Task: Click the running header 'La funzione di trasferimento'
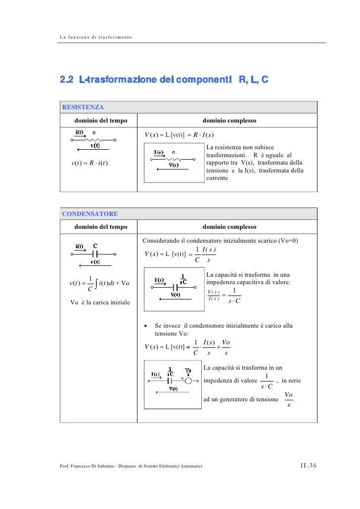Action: point(95,38)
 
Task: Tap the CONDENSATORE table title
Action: point(90,214)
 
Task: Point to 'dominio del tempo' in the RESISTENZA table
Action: point(101,120)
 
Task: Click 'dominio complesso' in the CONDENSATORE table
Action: point(229,227)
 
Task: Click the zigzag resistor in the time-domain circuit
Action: point(94,139)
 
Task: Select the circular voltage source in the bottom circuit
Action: point(188,381)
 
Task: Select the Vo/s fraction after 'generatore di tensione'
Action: point(289,400)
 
